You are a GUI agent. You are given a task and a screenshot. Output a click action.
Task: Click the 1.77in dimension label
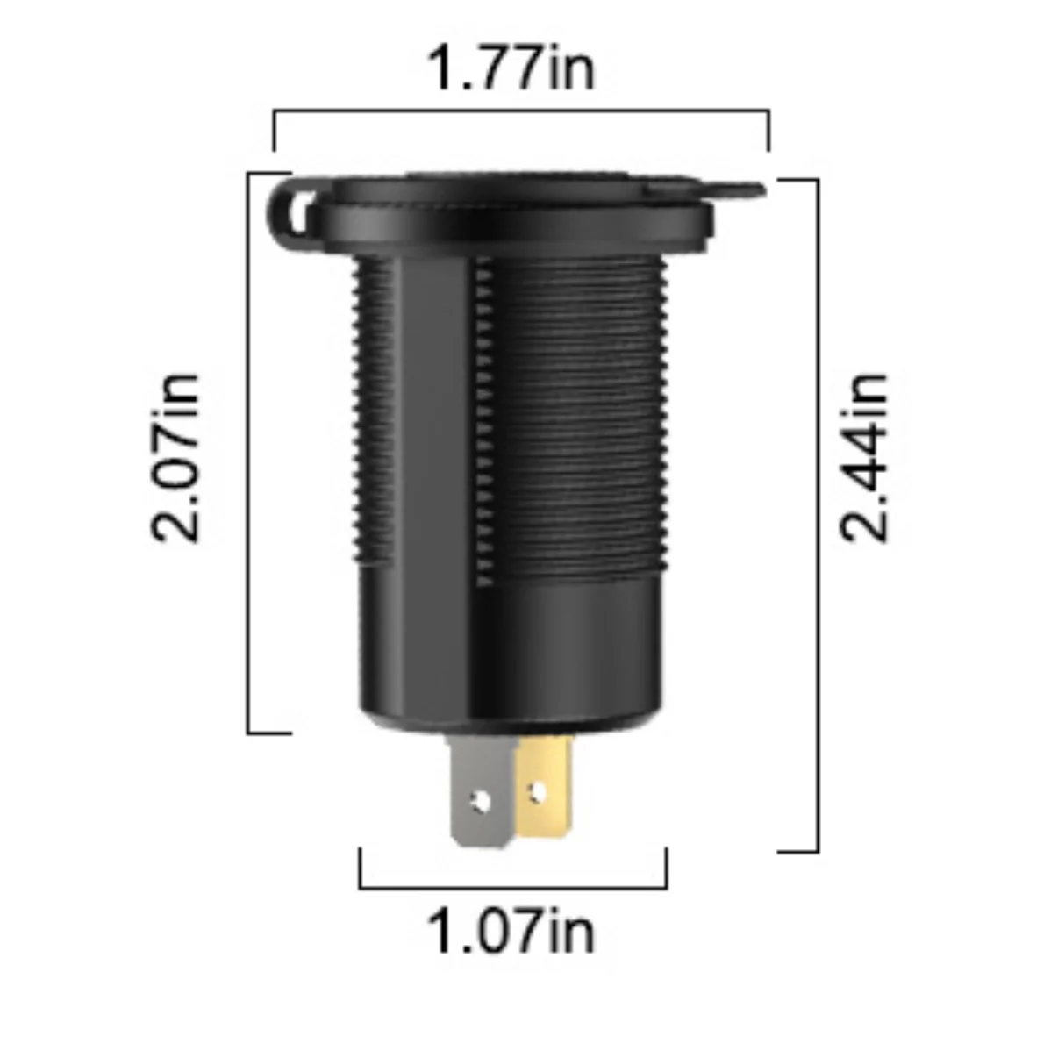pyautogui.click(x=511, y=68)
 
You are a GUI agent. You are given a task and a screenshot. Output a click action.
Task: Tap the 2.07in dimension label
pyautogui.click(x=175, y=458)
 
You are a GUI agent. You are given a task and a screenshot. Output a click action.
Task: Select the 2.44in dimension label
pyautogui.click(x=863, y=458)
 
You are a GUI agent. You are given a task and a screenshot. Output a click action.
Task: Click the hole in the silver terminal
pyautogui.click(x=481, y=802)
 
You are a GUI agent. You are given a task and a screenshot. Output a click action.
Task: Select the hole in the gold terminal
pyautogui.click(x=536, y=793)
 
